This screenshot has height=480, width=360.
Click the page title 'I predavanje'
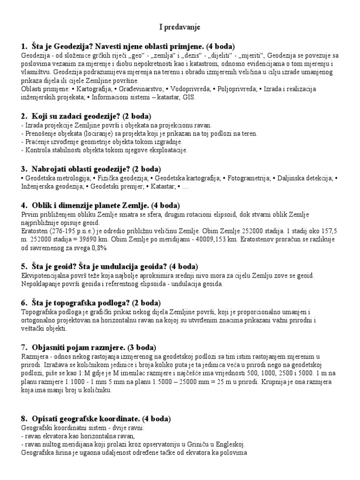pos(180,28)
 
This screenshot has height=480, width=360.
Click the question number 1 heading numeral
pos(23,45)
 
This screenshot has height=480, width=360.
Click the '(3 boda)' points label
pos(139,347)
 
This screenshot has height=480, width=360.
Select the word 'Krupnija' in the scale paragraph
pos(272,382)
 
